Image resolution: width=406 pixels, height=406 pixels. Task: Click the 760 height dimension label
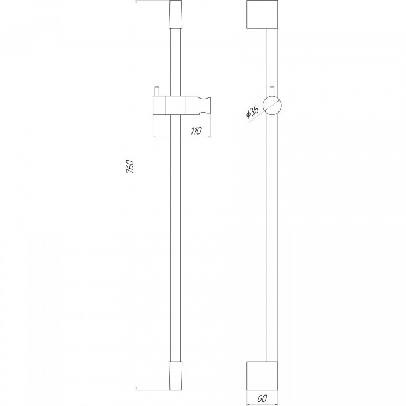point(130,166)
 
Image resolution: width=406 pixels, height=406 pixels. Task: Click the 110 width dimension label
point(196,131)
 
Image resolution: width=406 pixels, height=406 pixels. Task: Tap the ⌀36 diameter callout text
point(252,112)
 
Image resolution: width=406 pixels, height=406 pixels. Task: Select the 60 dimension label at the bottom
point(262,398)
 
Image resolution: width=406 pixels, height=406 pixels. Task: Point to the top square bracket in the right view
point(262,14)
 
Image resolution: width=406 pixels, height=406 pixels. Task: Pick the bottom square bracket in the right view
point(262,376)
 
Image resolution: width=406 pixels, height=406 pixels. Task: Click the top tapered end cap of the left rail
point(176,14)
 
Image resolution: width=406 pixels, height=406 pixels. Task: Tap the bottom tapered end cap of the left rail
point(176,376)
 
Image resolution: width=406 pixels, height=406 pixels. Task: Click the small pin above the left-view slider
point(157,92)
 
